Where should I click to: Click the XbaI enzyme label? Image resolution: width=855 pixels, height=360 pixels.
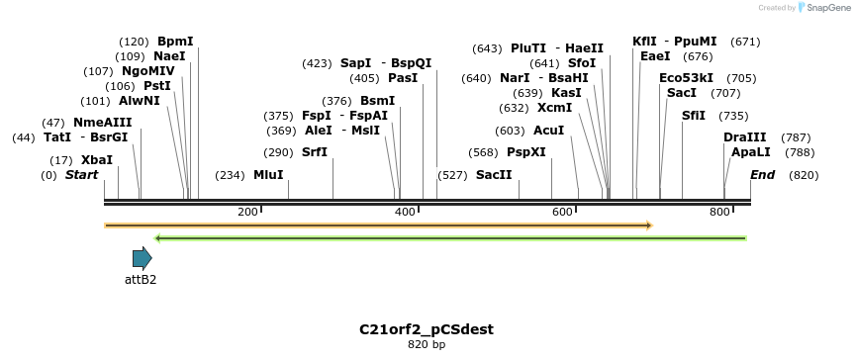tap(97, 159)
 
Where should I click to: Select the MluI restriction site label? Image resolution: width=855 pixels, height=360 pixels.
tap(268, 175)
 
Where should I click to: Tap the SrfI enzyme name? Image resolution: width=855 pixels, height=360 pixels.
tap(314, 152)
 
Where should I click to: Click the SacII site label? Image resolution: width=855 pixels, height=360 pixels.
tap(494, 175)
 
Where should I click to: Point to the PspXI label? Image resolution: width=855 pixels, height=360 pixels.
tap(526, 152)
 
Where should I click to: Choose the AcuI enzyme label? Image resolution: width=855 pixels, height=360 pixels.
tap(548, 131)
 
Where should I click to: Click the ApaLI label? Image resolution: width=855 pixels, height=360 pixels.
tap(750, 152)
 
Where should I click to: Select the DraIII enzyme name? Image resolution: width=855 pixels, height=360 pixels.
tap(744, 137)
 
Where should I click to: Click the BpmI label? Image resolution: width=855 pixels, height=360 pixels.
tap(175, 42)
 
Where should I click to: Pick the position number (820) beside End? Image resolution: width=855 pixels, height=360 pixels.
tap(804, 175)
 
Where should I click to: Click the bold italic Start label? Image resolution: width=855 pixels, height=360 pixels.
tap(82, 175)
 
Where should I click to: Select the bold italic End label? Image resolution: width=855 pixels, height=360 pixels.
tap(762, 175)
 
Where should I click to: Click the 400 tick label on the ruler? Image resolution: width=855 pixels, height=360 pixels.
tap(405, 212)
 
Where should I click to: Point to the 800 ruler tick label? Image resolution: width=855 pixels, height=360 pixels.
tap(719, 212)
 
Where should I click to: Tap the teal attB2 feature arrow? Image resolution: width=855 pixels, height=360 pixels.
tap(142, 259)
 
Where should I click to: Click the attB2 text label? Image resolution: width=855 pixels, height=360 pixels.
tap(141, 280)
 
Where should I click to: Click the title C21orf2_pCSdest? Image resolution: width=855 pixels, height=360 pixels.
tap(427, 328)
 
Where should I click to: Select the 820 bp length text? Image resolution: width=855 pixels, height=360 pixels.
tap(427, 344)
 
